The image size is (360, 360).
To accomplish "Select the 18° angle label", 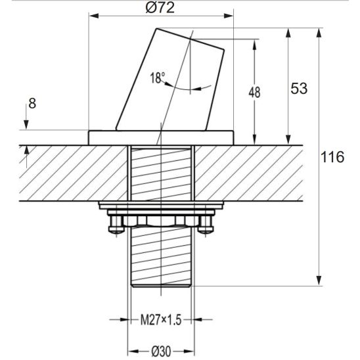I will click(157, 78).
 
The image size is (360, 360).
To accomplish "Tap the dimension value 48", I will click(254, 93).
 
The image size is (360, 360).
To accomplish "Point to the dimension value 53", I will click(299, 89).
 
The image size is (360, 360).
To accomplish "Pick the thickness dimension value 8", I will click(32, 103).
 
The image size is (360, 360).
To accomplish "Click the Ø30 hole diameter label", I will click(160, 351).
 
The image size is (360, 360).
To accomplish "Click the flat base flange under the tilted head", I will click(161, 137).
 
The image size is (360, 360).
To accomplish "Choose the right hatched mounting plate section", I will click(250, 173).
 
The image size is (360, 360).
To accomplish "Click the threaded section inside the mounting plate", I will click(161, 174).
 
